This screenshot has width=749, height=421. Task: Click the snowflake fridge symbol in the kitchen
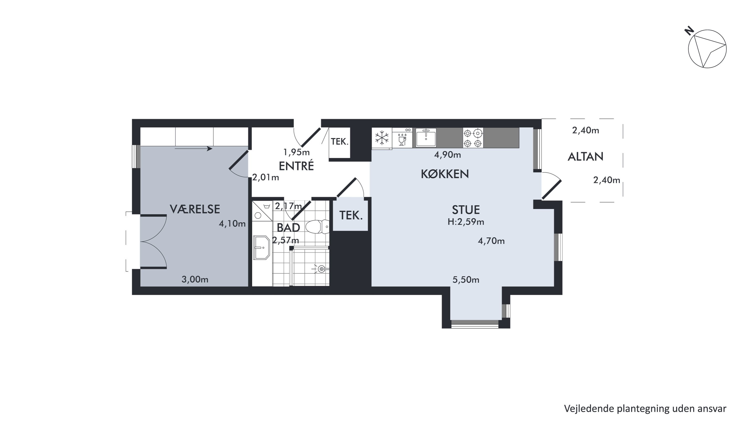382,138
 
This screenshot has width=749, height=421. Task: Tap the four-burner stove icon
473,138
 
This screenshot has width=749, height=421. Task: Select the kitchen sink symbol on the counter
426,138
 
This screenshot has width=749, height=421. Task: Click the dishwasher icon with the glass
402,138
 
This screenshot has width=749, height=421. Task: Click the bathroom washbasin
262,247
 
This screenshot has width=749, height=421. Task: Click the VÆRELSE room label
195,209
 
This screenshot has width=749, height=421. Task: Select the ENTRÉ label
296,166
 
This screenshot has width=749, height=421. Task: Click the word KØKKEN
445,174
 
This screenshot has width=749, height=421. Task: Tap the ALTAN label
585,157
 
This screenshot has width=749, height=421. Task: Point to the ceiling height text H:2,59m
466,222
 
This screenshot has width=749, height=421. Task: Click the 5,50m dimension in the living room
466,280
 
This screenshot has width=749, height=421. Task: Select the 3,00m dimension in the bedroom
195,280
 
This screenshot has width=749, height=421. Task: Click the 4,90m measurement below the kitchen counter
447,155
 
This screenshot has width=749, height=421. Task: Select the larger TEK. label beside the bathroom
351,215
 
